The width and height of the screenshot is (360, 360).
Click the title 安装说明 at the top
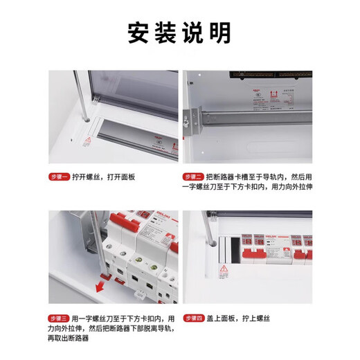(x=179, y=33)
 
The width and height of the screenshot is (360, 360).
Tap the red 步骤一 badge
(x=60, y=177)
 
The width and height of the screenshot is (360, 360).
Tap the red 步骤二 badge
(x=193, y=177)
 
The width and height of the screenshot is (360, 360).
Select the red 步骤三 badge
(x=60, y=318)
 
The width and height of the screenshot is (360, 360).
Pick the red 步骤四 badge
(x=193, y=318)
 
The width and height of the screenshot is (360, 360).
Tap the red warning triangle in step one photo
(x=87, y=143)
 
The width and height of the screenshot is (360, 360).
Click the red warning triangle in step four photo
(x=224, y=270)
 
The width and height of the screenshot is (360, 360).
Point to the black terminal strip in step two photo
(x=277, y=74)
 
